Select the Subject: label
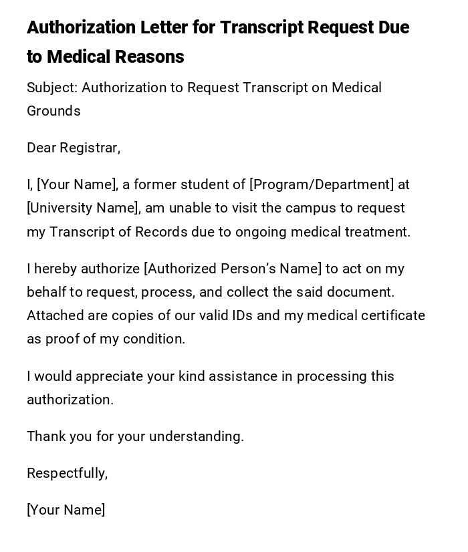point(52,88)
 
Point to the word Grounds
point(53,112)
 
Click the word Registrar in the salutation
point(90,148)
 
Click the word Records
point(161,233)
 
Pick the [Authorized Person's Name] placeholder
point(233,269)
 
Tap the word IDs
point(242,316)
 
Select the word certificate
point(390,316)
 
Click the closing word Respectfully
point(66,474)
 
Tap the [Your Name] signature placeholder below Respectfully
point(66,511)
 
